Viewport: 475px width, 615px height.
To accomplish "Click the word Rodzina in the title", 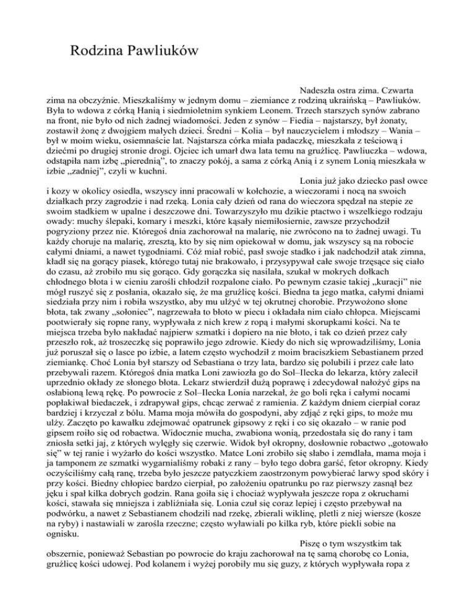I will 100,50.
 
